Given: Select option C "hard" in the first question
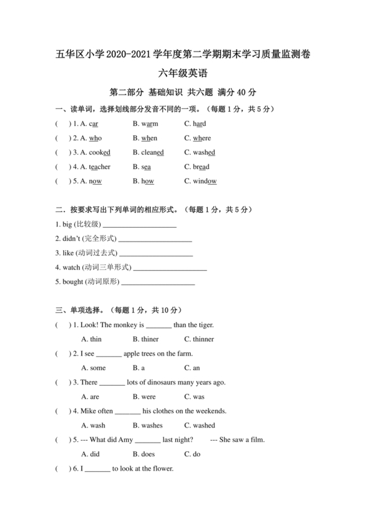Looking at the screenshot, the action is pyautogui.click(x=199, y=123).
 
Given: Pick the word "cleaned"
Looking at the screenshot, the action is pyautogui.click(x=152, y=153).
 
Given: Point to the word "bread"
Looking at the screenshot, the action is pyautogui.click(x=201, y=167).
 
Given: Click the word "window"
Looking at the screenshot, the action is pyautogui.click(x=205, y=181).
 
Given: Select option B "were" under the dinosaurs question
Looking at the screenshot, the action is pyautogui.click(x=144, y=397).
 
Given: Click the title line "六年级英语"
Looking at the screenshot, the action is pyautogui.click(x=182, y=75).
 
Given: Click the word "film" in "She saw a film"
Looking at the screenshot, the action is pyautogui.click(x=258, y=440).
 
